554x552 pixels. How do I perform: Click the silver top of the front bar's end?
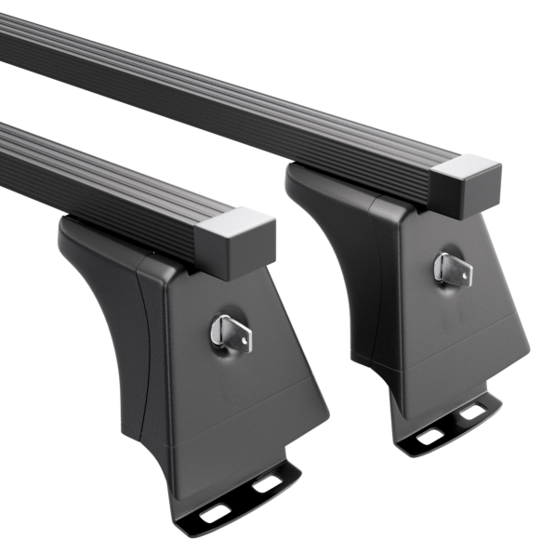tap(240, 220)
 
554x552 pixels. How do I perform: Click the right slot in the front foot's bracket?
tap(269, 483)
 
